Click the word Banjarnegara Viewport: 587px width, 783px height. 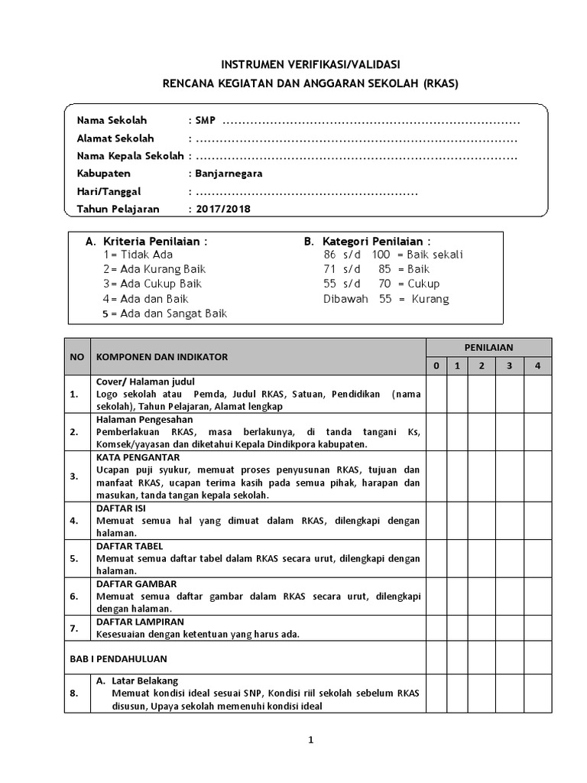(x=229, y=173)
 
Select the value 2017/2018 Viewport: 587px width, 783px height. (x=222, y=208)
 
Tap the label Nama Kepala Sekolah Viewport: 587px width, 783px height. (x=130, y=156)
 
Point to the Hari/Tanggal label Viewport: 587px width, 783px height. (x=109, y=191)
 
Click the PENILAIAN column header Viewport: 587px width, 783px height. (x=488, y=347)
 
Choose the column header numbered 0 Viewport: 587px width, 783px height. (x=436, y=366)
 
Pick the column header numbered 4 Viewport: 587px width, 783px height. (x=537, y=366)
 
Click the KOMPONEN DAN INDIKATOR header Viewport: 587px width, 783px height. (x=161, y=356)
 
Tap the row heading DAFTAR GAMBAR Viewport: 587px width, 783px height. (x=137, y=583)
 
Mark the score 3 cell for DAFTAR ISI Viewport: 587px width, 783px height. (x=509, y=521)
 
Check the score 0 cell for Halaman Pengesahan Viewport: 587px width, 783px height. (x=436, y=431)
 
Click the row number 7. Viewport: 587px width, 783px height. (x=74, y=629)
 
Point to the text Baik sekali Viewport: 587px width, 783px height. (x=435, y=255)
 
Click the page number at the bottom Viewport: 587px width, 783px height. (x=310, y=739)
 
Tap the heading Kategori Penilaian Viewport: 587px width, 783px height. (x=367, y=241)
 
